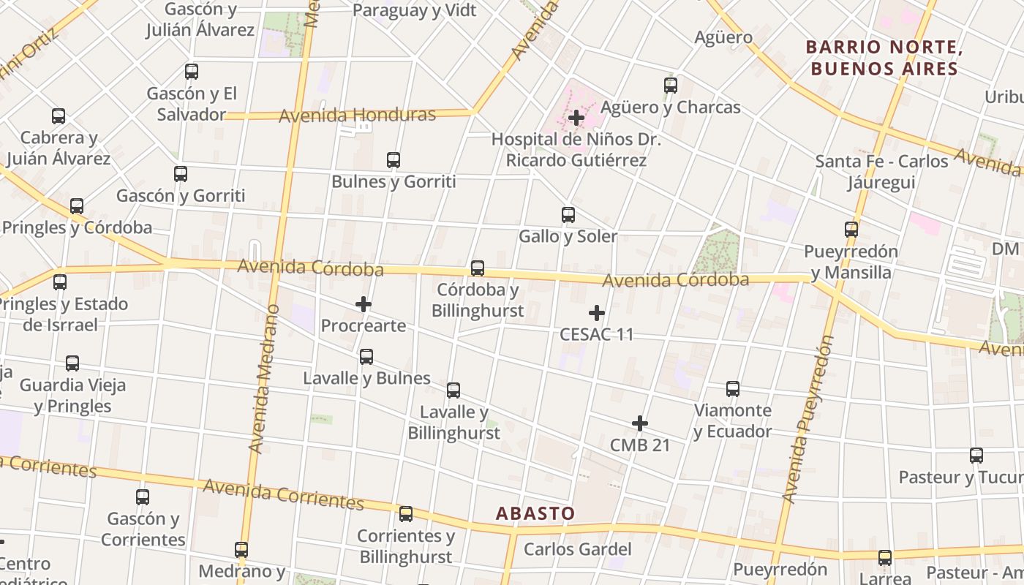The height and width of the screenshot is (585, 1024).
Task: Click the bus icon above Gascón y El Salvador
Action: tap(192, 72)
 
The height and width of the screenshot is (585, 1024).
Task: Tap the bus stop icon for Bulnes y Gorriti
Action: tap(394, 159)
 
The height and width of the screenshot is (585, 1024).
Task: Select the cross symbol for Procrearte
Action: tap(364, 303)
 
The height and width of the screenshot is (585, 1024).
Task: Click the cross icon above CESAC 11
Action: tap(597, 313)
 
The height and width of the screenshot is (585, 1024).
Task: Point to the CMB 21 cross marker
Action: tap(640, 423)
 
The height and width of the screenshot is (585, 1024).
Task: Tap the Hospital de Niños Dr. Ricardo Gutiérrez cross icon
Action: tap(576, 118)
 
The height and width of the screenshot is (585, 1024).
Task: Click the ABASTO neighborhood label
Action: tap(535, 513)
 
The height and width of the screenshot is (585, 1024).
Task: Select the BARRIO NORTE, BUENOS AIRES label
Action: tap(882, 58)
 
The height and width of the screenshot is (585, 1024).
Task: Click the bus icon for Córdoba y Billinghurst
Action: tap(478, 268)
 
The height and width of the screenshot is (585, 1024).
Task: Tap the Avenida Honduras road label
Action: tap(357, 115)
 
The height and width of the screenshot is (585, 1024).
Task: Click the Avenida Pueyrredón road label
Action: tap(808, 419)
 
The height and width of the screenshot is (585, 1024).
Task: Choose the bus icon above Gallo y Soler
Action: tap(568, 215)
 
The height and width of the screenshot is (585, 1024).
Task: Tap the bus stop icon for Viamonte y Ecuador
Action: tap(733, 389)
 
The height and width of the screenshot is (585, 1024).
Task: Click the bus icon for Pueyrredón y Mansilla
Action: tap(851, 230)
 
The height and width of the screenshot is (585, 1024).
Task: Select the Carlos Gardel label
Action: tap(577, 549)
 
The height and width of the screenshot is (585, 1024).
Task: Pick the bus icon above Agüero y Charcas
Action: tap(671, 86)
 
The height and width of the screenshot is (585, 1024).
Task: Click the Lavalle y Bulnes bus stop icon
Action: tap(366, 357)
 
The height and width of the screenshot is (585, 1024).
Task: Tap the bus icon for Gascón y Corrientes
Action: tap(143, 497)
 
